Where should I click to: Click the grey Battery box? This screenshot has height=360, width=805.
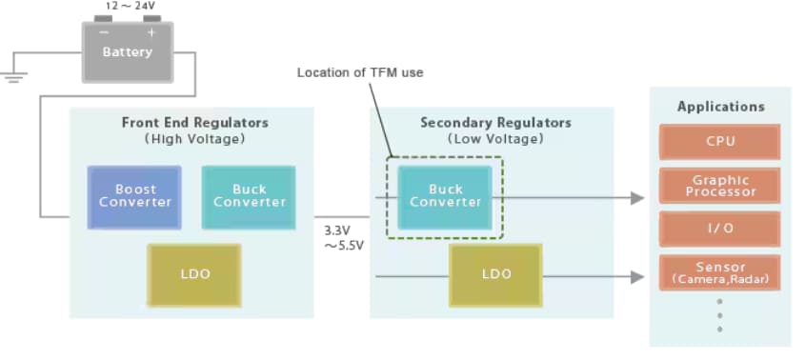(127, 51)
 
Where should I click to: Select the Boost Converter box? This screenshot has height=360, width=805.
(134, 196)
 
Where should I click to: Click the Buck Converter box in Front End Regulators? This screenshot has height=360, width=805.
(249, 196)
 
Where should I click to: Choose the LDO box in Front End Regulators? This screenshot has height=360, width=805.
(193, 274)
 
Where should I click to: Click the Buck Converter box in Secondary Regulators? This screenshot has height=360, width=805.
(446, 196)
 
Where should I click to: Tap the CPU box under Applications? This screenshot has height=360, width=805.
(719, 142)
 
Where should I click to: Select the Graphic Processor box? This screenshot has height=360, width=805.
(719, 186)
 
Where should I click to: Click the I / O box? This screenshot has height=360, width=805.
(719, 230)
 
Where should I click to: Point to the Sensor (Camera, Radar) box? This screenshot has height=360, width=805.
(719, 273)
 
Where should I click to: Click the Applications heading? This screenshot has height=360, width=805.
(720, 107)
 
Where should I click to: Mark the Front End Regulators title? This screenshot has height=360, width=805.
(194, 123)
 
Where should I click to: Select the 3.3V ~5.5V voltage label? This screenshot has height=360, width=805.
(342, 238)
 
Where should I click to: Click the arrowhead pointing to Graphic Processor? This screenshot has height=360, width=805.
(637, 197)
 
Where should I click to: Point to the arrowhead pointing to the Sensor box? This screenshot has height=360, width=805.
(637, 276)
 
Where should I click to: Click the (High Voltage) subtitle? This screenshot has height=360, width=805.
(194, 139)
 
